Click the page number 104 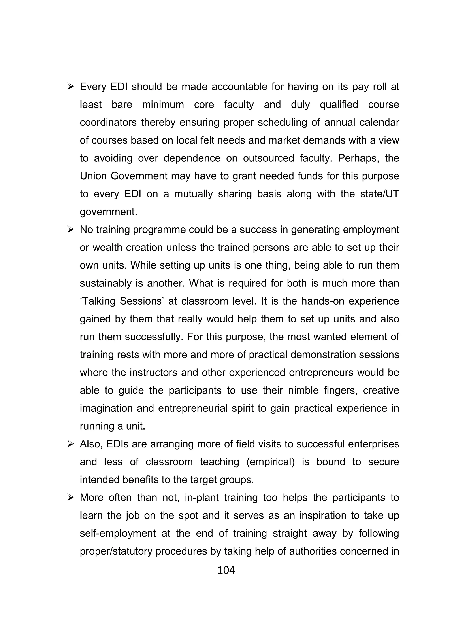tap(226, 571)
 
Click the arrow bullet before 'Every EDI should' tap(70, 87)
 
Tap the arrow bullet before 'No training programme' tap(70, 230)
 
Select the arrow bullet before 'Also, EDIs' tap(70, 444)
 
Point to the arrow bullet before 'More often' tap(70, 498)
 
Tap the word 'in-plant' tap(202, 498)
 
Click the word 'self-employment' tap(118, 533)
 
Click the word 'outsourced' tap(268, 158)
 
